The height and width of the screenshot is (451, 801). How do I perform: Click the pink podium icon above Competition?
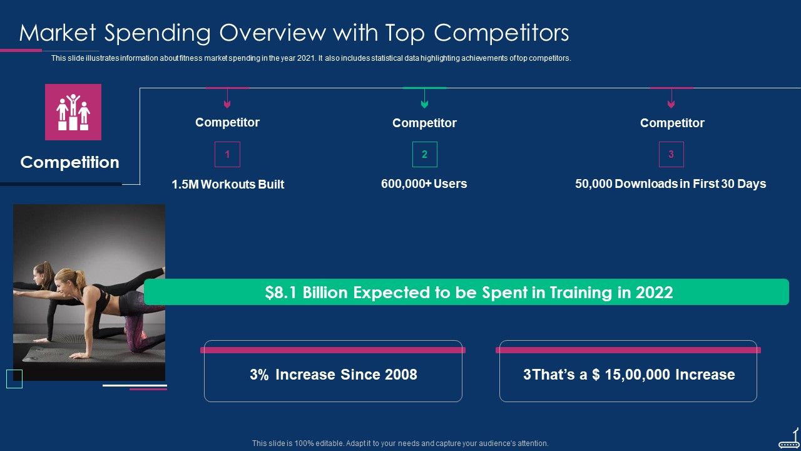[x=73, y=112]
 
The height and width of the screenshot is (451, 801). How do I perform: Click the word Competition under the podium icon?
[x=69, y=162]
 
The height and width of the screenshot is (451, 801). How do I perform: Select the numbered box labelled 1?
[x=227, y=154]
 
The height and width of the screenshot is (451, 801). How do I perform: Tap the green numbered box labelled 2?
[x=424, y=154]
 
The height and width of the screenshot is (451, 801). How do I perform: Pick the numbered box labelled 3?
[x=671, y=154]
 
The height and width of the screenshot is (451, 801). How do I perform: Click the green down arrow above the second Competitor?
[x=424, y=99]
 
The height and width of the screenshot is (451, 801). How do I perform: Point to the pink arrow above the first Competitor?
[x=227, y=99]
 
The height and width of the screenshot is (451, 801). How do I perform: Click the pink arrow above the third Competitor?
[x=671, y=99]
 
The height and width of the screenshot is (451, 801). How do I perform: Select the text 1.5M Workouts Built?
[x=228, y=184]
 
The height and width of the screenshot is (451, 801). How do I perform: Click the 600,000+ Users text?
[x=424, y=184]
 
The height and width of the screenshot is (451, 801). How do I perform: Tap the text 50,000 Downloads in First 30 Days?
[x=670, y=184]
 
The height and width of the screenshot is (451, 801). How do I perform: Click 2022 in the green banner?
[x=654, y=293]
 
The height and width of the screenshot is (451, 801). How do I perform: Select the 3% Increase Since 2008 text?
[x=333, y=375]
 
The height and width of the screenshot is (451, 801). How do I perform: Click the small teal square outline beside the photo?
[x=14, y=379]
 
